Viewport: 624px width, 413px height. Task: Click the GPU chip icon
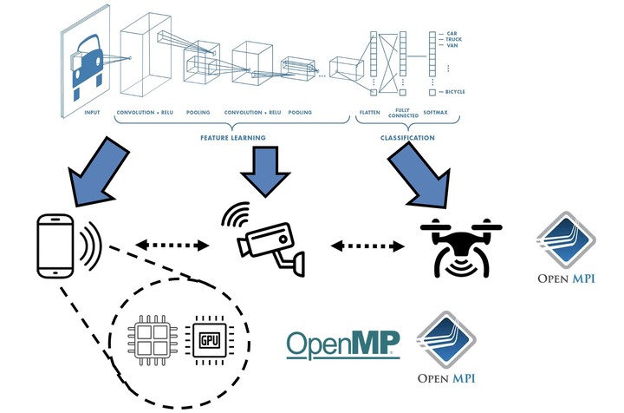point(209,338)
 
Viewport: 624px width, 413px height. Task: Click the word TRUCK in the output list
point(453,39)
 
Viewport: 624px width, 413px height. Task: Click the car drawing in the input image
point(89,61)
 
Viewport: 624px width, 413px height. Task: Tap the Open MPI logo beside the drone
point(564,248)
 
